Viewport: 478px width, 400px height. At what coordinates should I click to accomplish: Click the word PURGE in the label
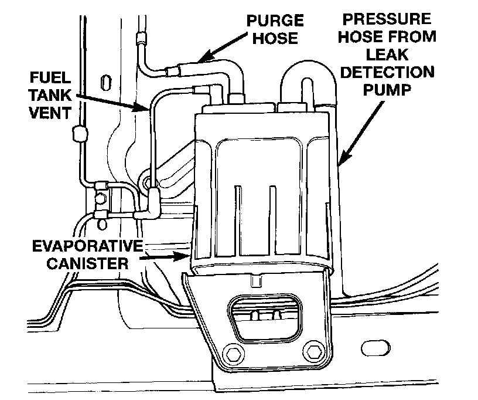[275, 22]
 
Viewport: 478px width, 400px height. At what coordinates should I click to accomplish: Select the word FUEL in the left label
[49, 78]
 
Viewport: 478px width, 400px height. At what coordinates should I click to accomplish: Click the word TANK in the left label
[49, 95]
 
